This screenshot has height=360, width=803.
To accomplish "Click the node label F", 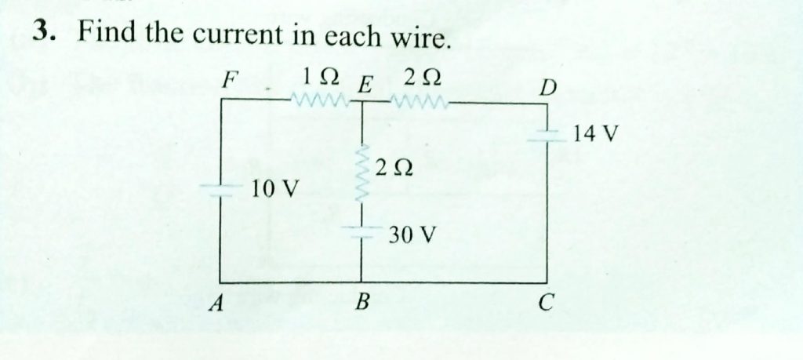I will (228, 81).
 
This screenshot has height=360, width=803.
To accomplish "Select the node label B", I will (362, 301).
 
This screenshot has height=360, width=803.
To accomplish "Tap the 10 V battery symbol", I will (220, 187).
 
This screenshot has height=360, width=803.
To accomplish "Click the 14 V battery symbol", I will (547, 133).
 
